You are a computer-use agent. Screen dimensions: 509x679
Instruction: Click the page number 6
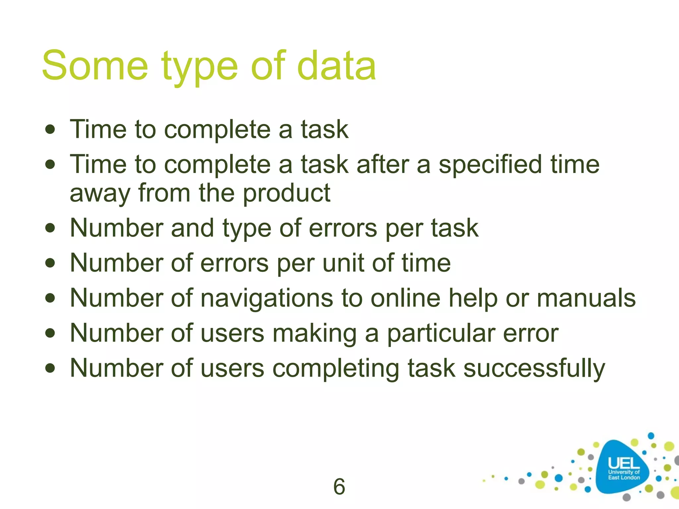(339, 486)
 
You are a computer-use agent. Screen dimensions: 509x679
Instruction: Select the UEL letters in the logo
(624, 463)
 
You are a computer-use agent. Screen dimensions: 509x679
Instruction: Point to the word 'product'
(286, 193)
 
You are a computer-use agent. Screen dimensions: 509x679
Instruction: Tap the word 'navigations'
(267, 298)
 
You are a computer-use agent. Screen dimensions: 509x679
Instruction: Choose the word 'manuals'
(586, 298)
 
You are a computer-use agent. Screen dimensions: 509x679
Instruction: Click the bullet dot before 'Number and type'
(50, 228)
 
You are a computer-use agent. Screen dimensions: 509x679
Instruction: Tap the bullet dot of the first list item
(50, 129)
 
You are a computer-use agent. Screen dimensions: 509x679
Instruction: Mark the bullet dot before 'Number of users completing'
(50, 368)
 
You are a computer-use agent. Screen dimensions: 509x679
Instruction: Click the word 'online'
(405, 298)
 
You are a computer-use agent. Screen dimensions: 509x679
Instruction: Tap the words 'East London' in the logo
(624, 478)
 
